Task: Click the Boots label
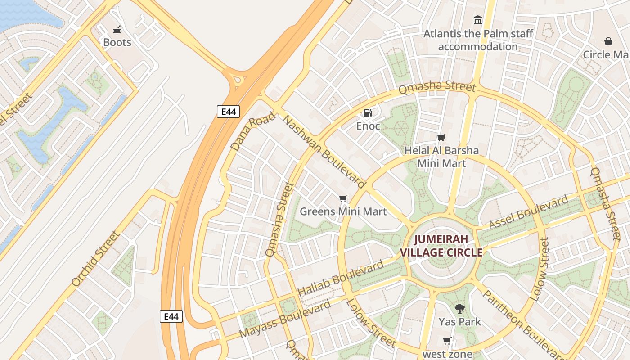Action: click(117, 42)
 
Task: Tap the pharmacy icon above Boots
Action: click(117, 30)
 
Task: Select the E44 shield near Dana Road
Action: click(228, 112)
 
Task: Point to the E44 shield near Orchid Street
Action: click(171, 316)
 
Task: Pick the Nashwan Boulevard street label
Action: click(324, 151)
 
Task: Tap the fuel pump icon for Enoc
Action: click(368, 113)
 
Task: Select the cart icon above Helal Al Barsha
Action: click(441, 138)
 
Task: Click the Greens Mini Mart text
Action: click(343, 211)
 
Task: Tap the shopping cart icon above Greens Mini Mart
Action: click(343, 198)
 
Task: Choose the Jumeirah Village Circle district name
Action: click(441, 246)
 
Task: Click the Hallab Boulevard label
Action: click(341, 278)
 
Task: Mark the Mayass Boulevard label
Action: click(285, 319)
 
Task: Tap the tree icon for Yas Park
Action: click(459, 309)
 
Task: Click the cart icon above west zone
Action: click(447, 341)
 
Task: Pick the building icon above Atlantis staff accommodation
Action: click(478, 20)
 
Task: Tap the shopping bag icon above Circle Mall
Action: click(608, 42)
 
